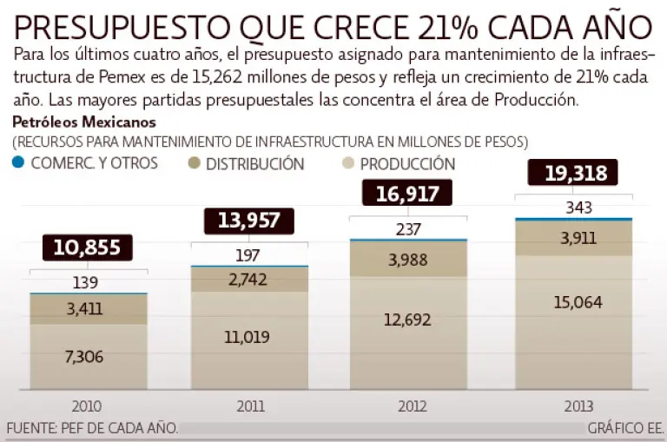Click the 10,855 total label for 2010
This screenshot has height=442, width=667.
point(88,247)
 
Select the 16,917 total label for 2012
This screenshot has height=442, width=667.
point(406,194)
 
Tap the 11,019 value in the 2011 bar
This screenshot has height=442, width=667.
point(247,337)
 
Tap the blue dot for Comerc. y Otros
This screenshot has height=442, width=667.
point(17,162)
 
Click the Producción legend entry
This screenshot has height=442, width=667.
point(407,163)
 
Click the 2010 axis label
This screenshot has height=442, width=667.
point(88,406)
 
